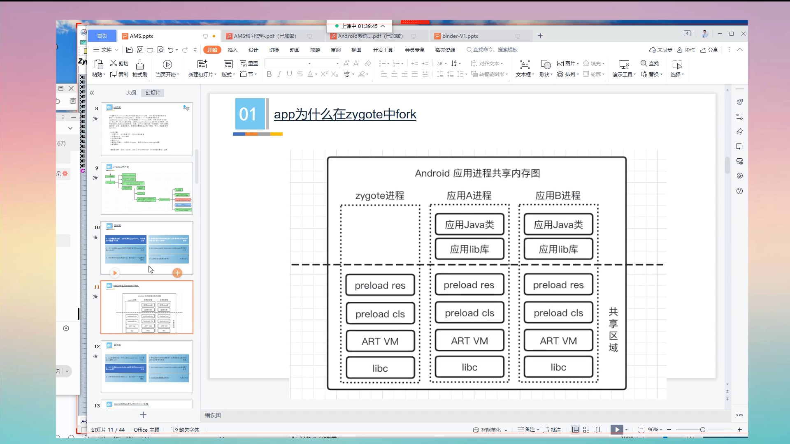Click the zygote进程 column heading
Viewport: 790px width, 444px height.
click(379, 196)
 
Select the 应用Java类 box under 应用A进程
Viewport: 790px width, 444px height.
click(469, 224)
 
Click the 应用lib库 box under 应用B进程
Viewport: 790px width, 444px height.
click(558, 249)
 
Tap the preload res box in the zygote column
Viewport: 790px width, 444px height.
click(380, 285)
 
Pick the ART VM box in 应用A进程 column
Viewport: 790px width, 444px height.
click(469, 341)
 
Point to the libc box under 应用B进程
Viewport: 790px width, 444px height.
click(558, 367)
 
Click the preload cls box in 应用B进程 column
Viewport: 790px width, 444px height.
click(558, 313)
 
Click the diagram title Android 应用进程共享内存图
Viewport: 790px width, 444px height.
click(477, 173)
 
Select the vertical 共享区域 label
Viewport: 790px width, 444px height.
click(613, 329)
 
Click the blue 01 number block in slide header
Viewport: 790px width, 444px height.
click(248, 114)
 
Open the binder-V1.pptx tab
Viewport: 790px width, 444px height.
click(460, 36)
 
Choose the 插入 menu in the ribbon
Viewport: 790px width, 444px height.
click(232, 50)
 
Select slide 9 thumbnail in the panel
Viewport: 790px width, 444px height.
click(147, 188)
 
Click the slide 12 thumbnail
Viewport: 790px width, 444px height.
click(147, 367)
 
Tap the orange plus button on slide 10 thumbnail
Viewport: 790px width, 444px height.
click(177, 273)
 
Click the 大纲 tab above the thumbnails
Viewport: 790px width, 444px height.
click(131, 93)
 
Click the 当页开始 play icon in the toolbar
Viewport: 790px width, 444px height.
click(167, 65)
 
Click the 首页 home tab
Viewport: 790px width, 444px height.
click(102, 36)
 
